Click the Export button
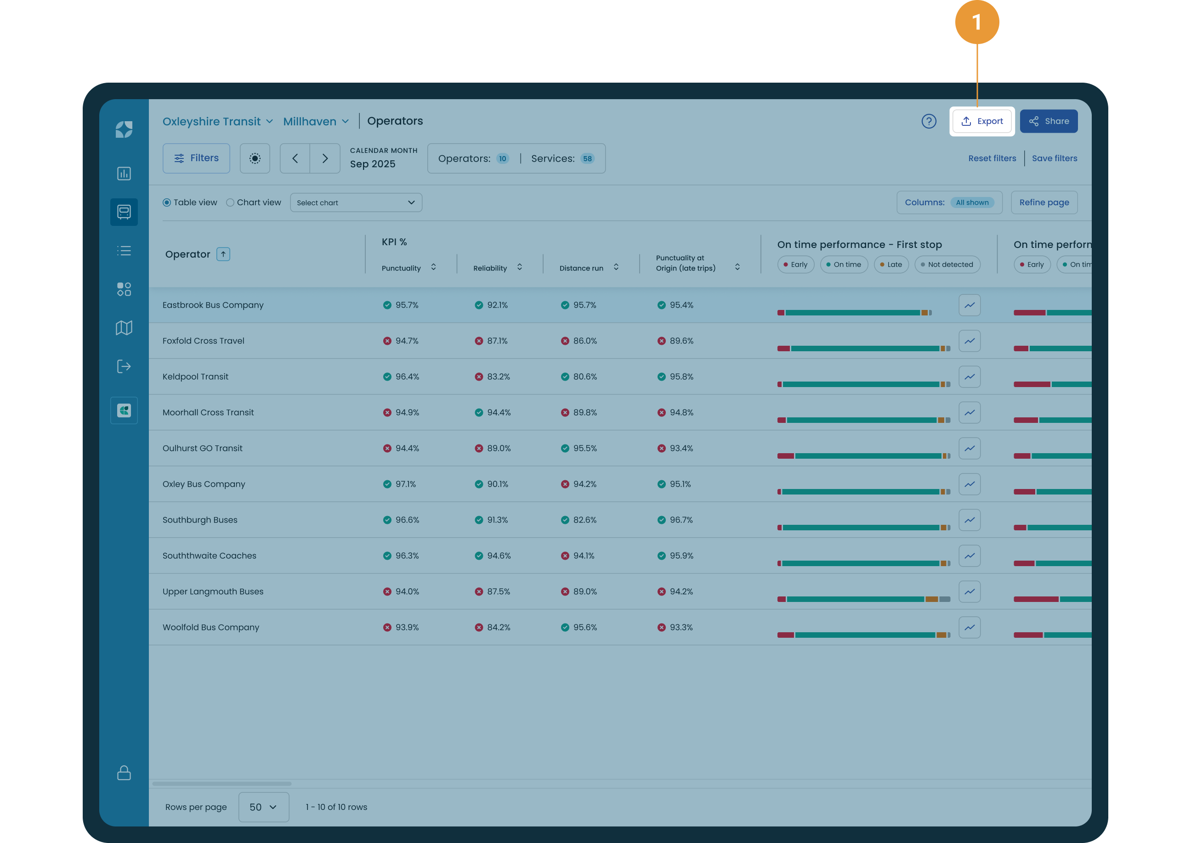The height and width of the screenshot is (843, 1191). click(x=981, y=121)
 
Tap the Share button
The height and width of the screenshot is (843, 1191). click(x=1048, y=121)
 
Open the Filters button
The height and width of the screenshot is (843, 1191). click(x=196, y=158)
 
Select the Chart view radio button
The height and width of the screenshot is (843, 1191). click(x=230, y=202)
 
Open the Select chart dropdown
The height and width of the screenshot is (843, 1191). click(x=356, y=202)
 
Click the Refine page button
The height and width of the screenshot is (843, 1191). click(x=1044, y=202)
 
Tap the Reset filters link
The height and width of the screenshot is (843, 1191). click(x=992, y=158)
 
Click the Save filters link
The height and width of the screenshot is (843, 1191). click(x=1055, y=158)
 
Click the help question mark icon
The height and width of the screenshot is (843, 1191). click(x=929, y=121)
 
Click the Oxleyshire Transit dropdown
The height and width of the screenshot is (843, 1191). click(x=218, y=122)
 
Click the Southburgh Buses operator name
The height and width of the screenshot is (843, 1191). click(x=200, y=520)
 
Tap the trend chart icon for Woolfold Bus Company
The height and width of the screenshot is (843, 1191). click(x=969, y=628)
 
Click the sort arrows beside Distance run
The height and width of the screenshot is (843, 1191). click(x=616, y=267)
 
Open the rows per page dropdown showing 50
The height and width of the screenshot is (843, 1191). click(x=263, y=807)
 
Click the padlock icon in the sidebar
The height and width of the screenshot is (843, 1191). click(x=124, y=772)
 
